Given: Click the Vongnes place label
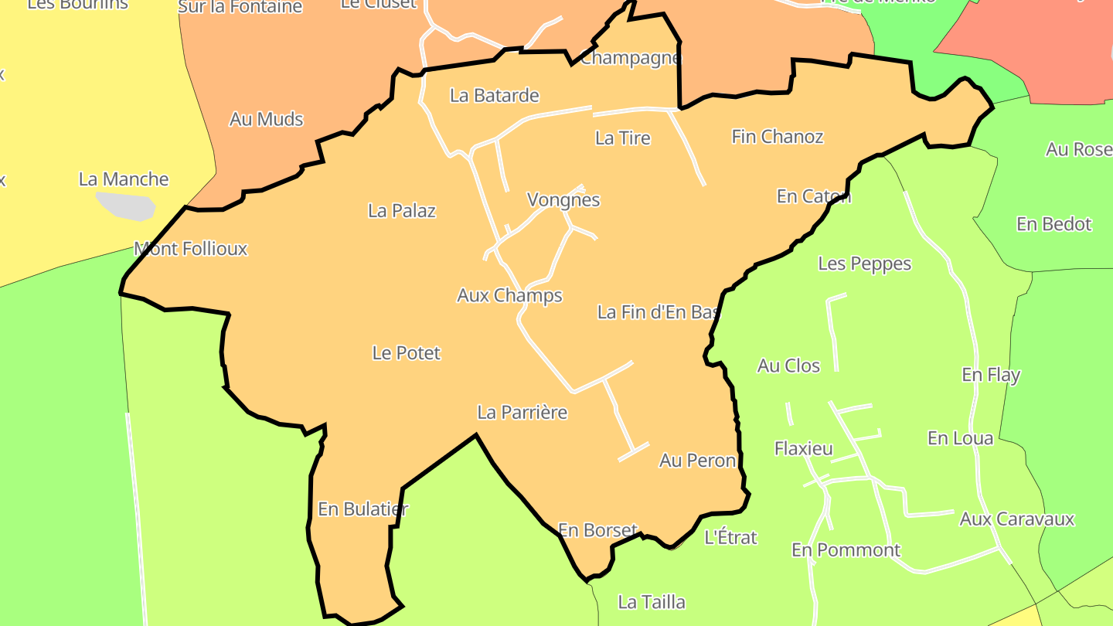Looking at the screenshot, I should tap(563, 199).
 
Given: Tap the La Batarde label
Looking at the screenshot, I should tap(495, 96).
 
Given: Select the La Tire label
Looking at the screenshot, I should tap(623, 138).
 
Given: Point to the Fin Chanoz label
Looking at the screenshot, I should tap(778, 137).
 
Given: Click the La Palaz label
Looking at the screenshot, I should tap(402, 210).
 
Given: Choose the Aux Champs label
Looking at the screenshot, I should tap(509, 295).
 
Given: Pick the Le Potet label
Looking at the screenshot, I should tap(407, 353).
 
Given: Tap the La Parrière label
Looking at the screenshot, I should tap(522, 413).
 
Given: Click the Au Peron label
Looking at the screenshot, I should tap(697, 461).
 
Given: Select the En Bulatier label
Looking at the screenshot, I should tap(362, 509).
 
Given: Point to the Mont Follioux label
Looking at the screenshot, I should tap(191, 249).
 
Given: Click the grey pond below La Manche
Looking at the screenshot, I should tap(125, 206).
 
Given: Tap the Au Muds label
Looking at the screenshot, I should tap(267, 120).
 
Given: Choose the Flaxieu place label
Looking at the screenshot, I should tap(804, 448).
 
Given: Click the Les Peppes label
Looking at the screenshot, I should tap(865, 264).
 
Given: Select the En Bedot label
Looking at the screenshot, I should tap(1054, 224).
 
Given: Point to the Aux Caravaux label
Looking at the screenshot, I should tap(1017, 519).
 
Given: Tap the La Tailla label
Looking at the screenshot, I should tap(652, 602).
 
